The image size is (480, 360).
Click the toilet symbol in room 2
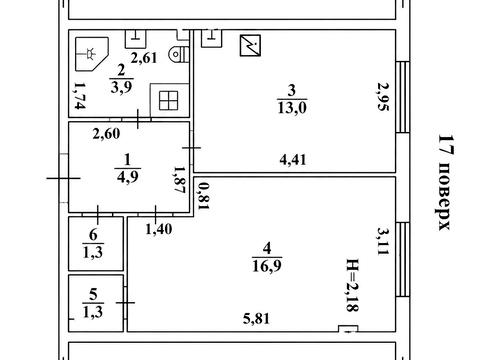point(179,54)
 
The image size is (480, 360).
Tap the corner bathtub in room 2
point(92,54)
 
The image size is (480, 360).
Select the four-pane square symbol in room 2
point(169,100)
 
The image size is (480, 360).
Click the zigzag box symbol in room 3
point(250,45)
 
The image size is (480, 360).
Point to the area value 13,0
point(292,108)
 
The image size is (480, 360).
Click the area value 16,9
point(267,266)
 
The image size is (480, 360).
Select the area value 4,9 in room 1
point(128,177)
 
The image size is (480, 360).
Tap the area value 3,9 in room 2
point(121,87)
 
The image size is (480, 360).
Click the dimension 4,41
point(293,160)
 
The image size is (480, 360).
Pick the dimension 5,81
point(256,319)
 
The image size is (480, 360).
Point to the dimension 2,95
point(383,96)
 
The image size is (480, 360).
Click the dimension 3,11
point(383,241)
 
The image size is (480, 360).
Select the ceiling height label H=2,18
point(353,285)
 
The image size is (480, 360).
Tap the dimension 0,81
point(203,196)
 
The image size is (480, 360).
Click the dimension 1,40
point(159,229)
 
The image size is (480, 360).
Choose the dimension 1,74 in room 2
point(80,96)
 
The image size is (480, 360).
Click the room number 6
point(93,235)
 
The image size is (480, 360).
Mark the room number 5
point(93,295)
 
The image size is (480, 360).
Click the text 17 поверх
point(445,182)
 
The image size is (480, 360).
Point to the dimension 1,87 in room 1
point(179,180)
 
